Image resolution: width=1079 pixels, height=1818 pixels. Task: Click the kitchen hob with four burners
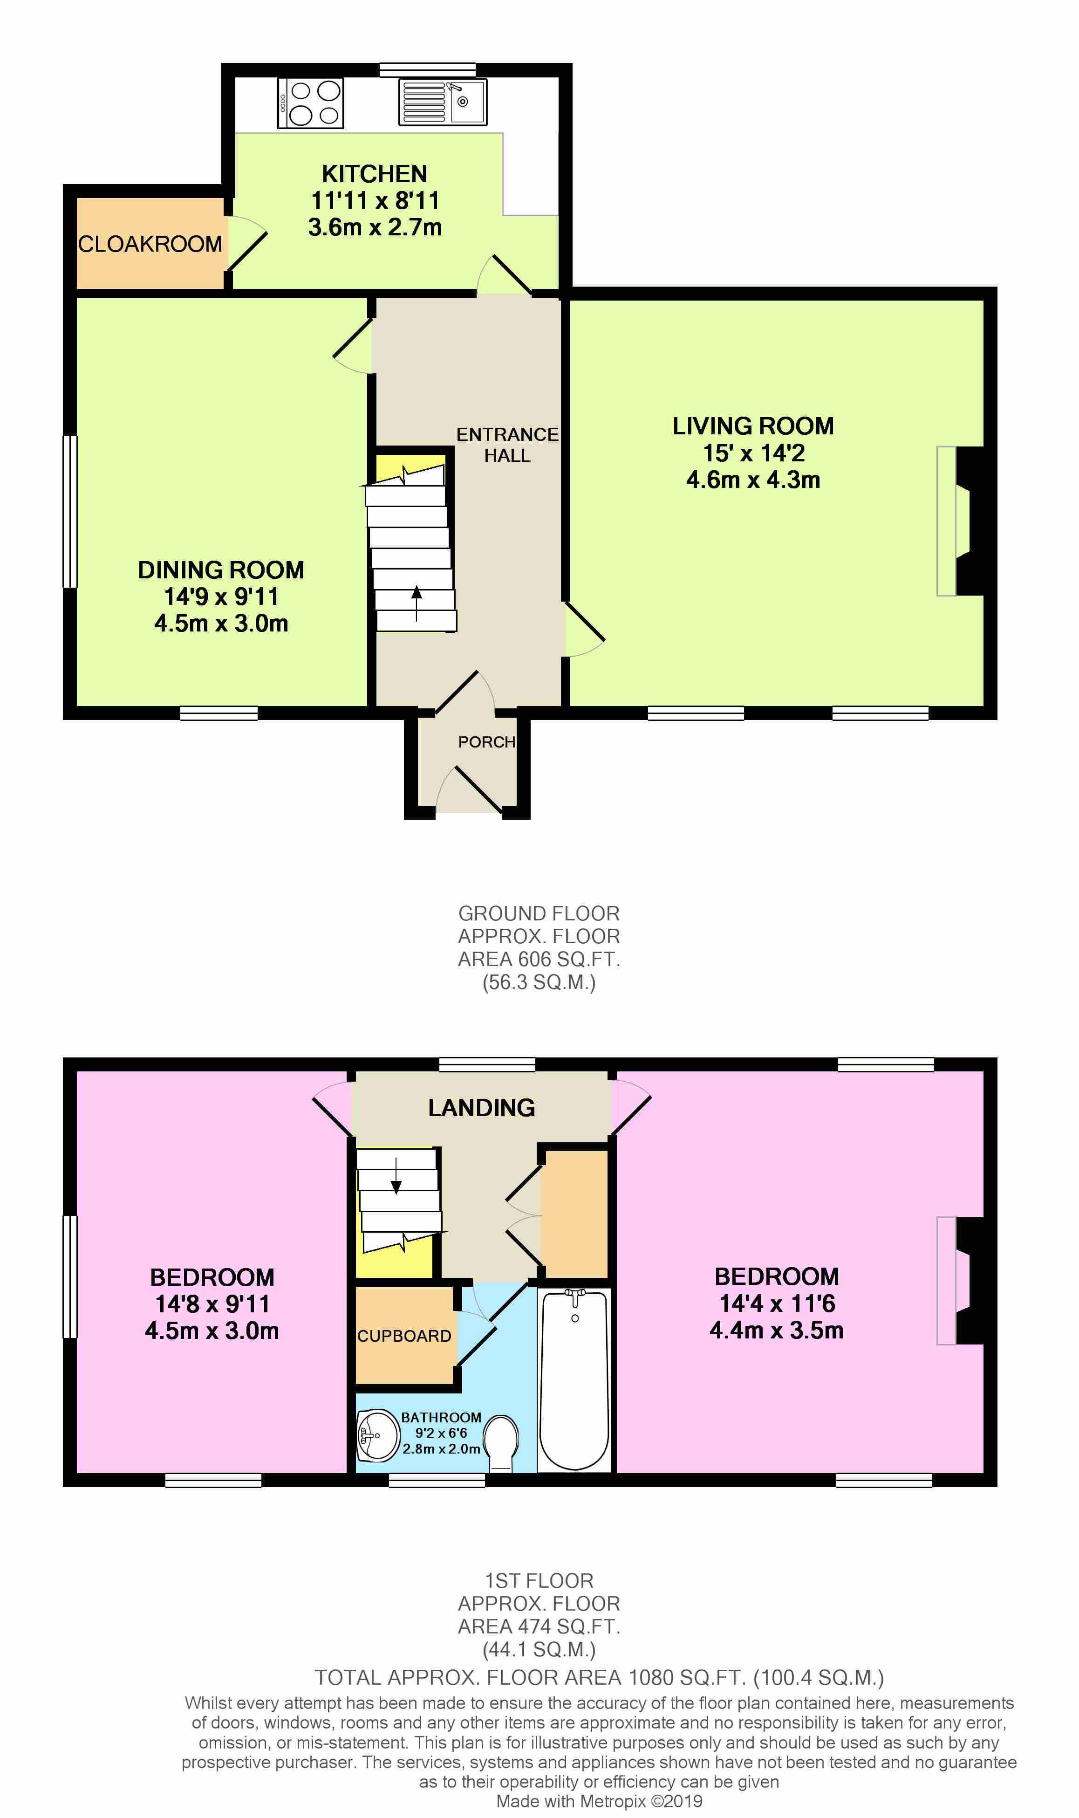311,103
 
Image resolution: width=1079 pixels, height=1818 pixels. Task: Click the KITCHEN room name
375,174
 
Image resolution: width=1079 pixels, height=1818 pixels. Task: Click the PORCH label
486,742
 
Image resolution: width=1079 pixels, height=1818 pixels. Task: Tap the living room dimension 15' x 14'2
753,453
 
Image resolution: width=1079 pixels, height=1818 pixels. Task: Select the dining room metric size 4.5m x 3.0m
221,623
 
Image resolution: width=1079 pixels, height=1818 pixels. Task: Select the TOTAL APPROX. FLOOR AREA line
599,1678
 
